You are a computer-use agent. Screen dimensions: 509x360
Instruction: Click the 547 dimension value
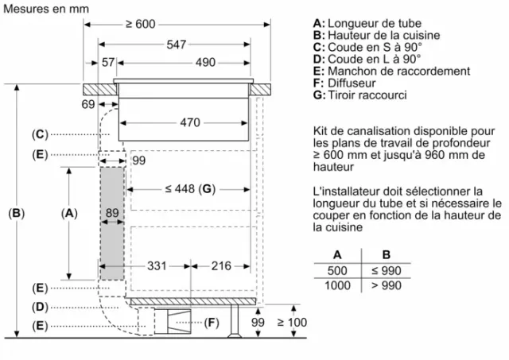click(177, 45)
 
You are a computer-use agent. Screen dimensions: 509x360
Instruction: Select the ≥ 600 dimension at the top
click(141, 24)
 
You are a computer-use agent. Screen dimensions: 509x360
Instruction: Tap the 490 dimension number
click(205, 62)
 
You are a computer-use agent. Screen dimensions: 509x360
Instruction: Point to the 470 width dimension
click(190, 122)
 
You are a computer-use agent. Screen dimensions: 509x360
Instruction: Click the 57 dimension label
click(108, 62)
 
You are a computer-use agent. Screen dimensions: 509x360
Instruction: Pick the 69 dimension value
click(88, 104)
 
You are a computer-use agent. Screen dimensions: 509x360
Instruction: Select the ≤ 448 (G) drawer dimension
click(190, 189)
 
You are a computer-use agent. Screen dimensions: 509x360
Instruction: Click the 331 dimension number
click(157, 266)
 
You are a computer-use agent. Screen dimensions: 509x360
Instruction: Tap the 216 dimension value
click(221, 266)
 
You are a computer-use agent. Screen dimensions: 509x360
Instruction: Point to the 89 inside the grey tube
click(112, 213)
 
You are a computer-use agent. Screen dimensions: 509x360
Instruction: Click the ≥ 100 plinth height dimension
click(292, 323)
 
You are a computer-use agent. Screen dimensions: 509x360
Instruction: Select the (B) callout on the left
click(16, 213)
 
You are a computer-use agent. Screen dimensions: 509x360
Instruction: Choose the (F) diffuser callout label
click(212, 323)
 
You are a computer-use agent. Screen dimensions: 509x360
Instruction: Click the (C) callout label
click(40, 134)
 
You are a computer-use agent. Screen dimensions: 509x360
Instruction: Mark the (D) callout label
click(40, 307)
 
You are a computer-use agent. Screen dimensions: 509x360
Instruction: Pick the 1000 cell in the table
click(337, 286)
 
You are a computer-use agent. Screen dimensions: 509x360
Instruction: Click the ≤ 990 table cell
click(387, 270)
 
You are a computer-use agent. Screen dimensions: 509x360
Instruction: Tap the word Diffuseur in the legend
click(352, 83)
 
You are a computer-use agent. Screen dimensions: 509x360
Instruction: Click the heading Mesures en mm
click(46, 9)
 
